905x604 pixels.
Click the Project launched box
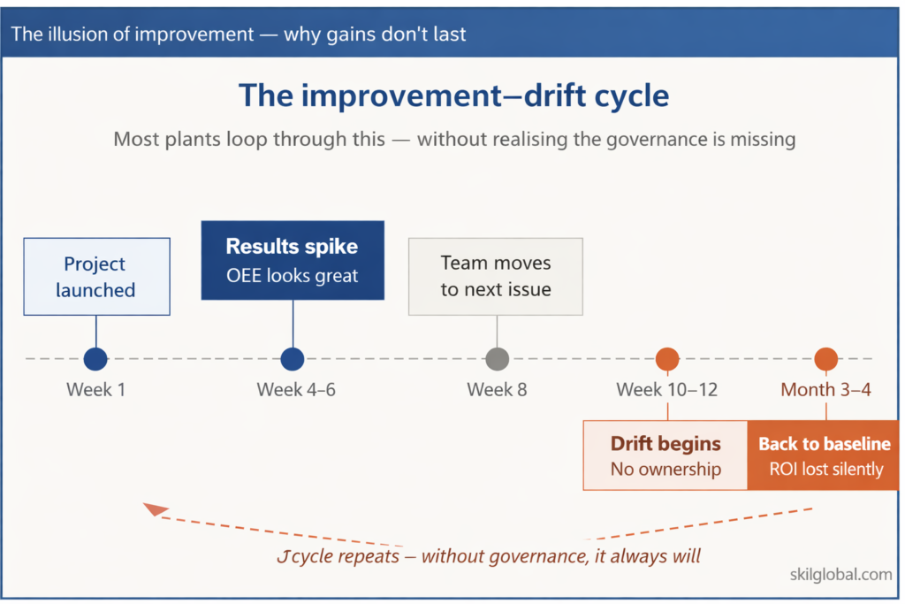click(x=95, y=277)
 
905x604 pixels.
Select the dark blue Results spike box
click(x=293, y=260)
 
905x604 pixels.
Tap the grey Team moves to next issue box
click(x=496, y=276)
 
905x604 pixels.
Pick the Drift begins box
click(x=665, y=455)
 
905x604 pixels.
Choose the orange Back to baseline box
click(x=825, y=455)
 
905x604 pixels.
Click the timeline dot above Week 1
click(x=95, y=359)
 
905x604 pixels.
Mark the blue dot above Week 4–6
click(x=293, y=359)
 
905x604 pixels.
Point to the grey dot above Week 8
click(x=498, y=359)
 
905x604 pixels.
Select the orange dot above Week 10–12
click(x=667, y=359)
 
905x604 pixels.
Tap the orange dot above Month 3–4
click(x=825, y=359)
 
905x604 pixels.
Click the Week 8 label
click(x=497, y=389)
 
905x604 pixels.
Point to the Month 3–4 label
click(x=825, y=389)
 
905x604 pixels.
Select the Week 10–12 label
click(x=667, y=389)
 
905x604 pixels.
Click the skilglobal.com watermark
click(x=840, y=575)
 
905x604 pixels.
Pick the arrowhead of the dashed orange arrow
click(x=155, y=509)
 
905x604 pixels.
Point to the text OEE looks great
click(x=293, y=275)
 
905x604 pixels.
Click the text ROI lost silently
click(x=825, y=470)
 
